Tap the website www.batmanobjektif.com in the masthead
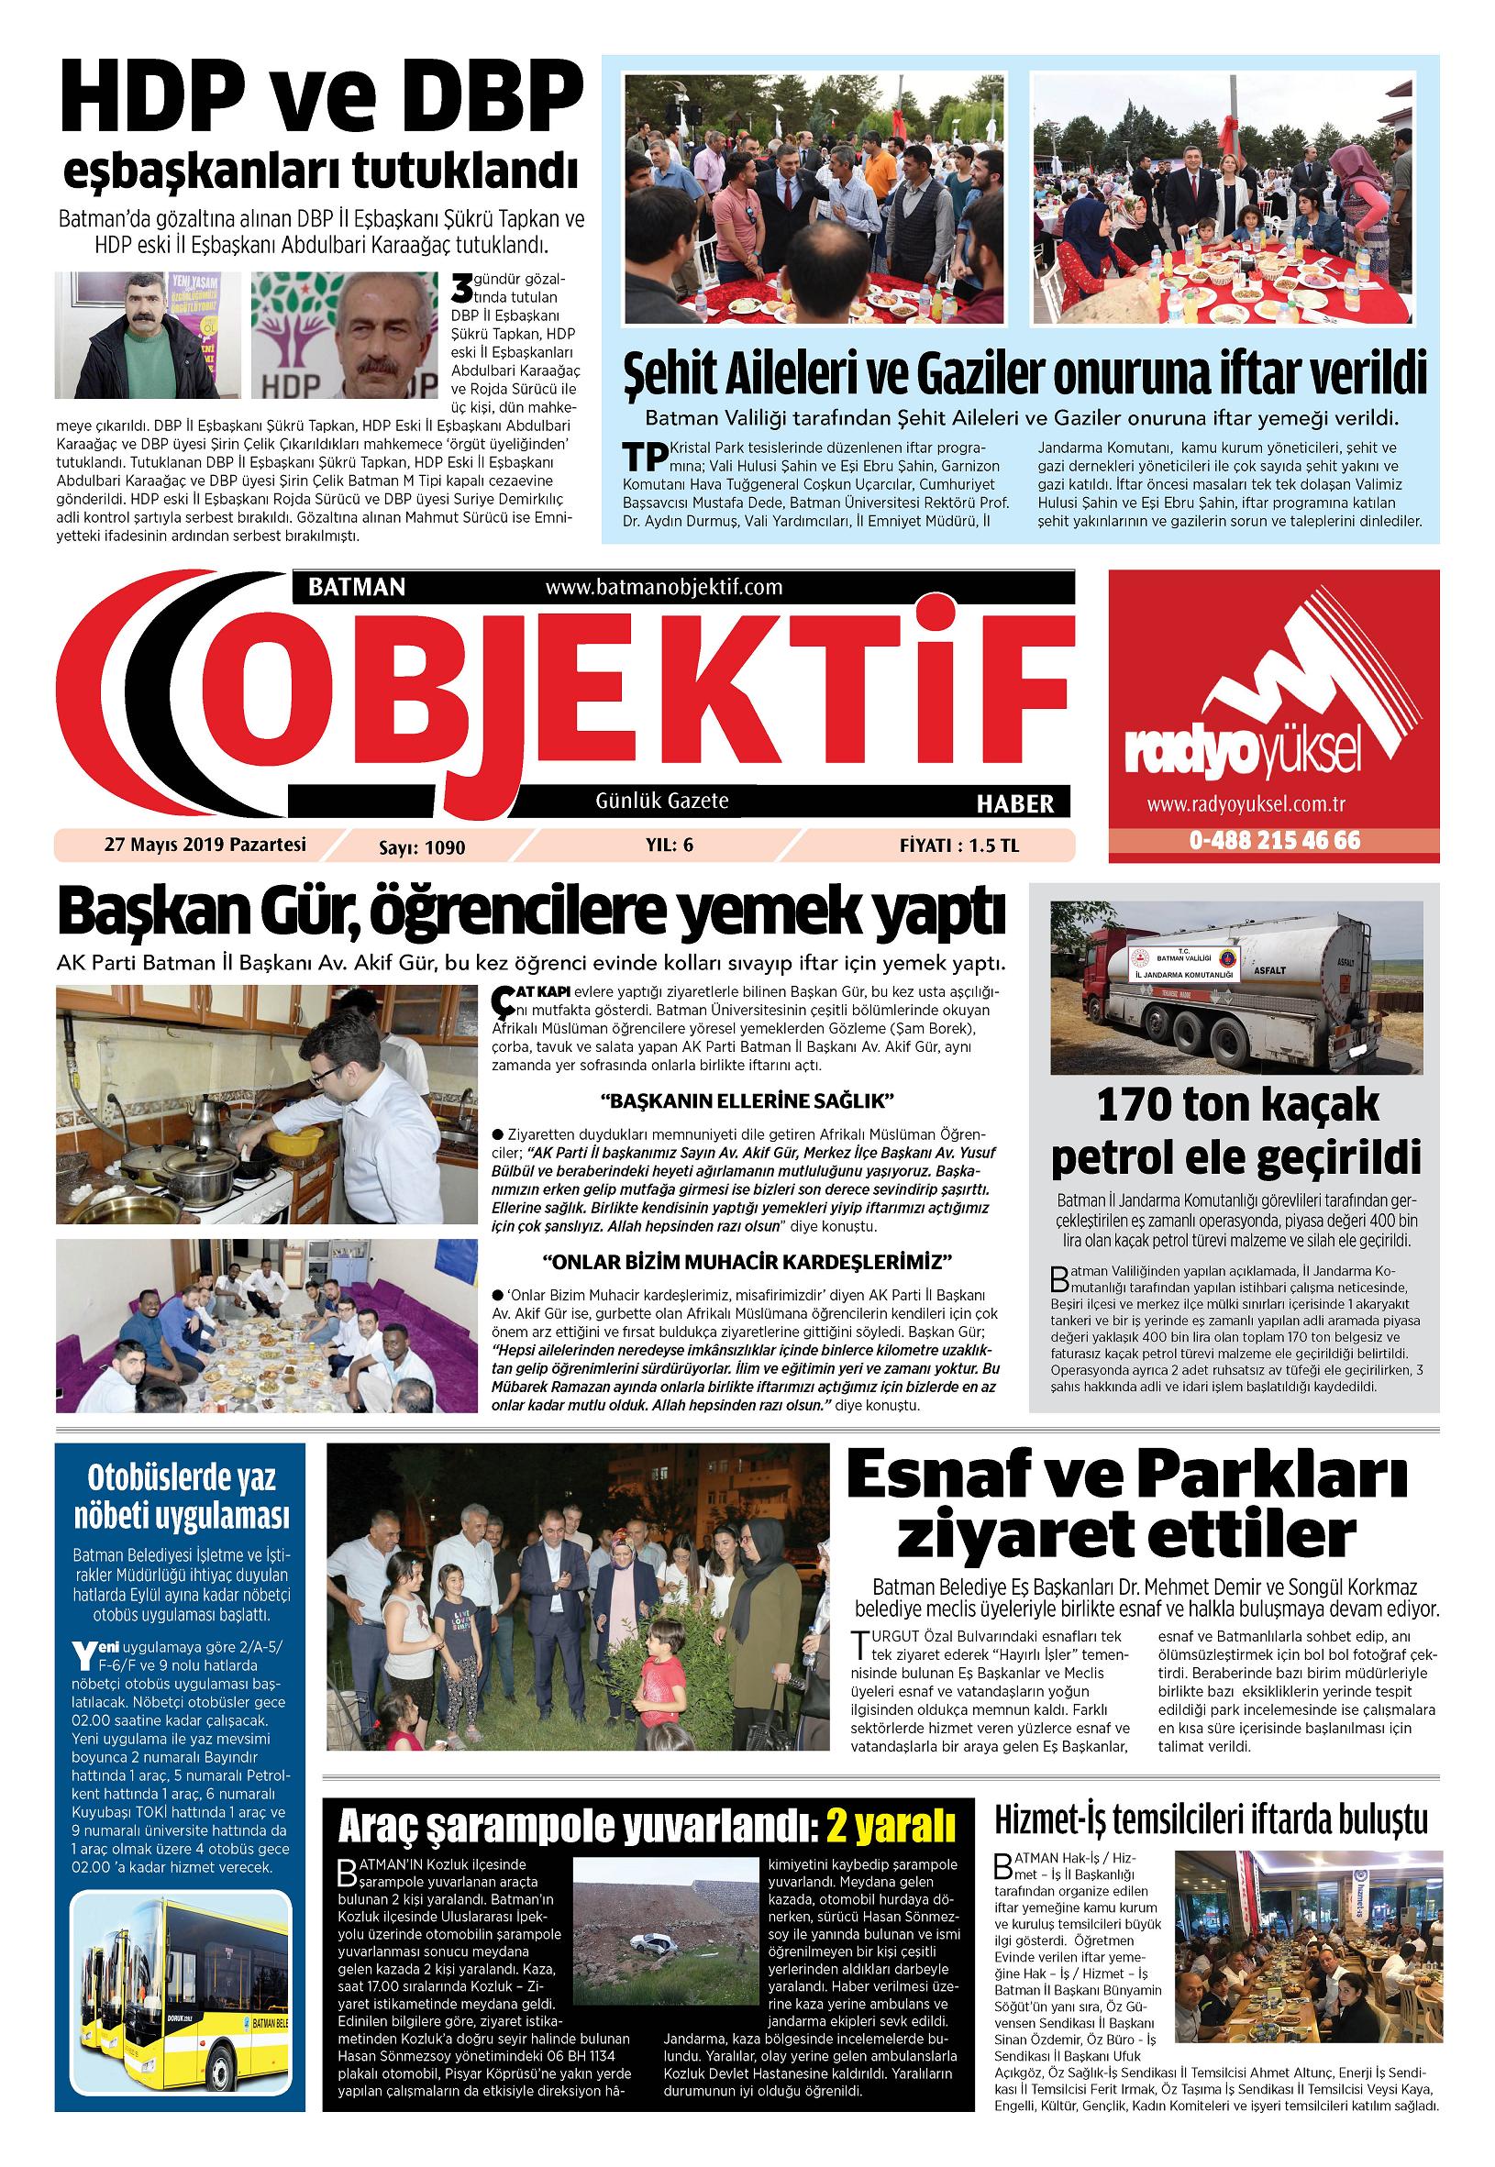point(662,587)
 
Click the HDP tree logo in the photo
point(291,328)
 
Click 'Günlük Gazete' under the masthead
point(661,802)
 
